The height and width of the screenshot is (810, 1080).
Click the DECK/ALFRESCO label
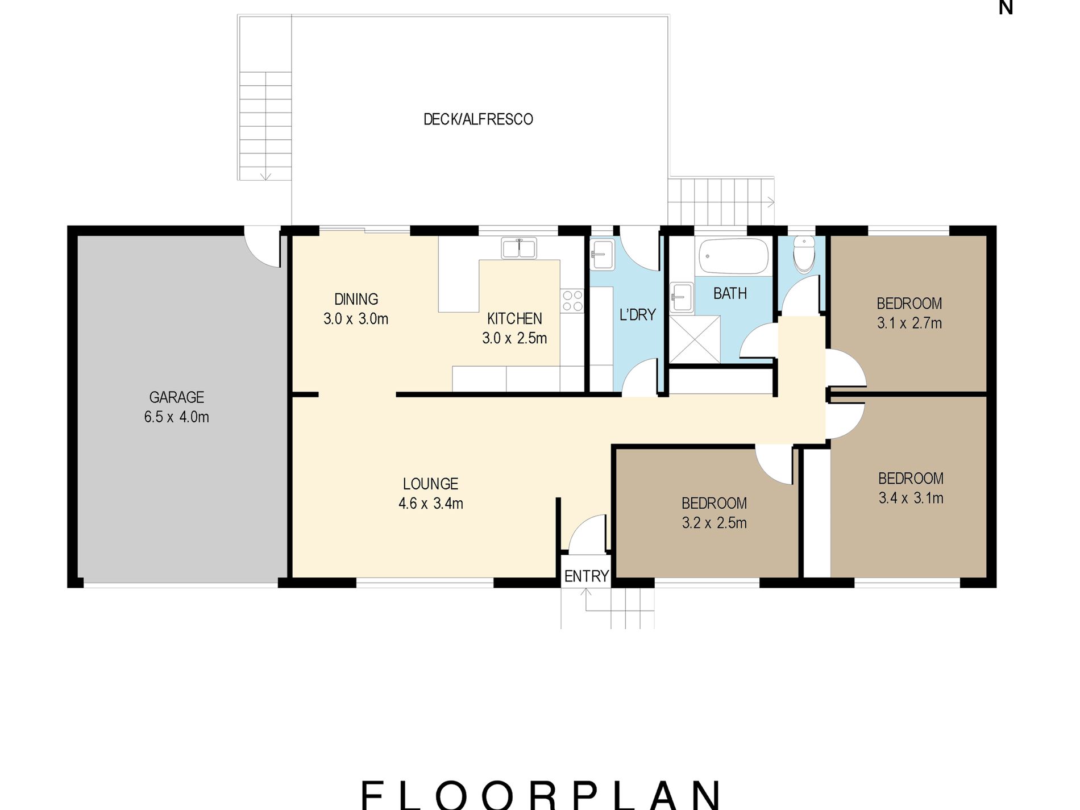pyautogui.click(x=478, y=119)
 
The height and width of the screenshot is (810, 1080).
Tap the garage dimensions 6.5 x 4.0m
pyautogui.click(x=176, y=417)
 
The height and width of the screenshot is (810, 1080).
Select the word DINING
pyautogui.click(x=356, y=299)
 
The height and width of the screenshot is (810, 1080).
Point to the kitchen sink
pyautogui.click(x=518, y=248)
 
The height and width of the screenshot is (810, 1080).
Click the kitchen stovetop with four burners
pyautogui.click(x=572, y=301)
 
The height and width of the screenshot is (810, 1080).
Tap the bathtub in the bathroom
pyautogui.click(x=733, y=256)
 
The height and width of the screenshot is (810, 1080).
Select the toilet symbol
pyautogui.click(x=804, y=255)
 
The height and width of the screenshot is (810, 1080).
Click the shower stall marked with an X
pyautogui.click(x=695, y=339)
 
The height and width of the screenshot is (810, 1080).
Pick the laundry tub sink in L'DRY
pyautogui.click(x=602, y=254)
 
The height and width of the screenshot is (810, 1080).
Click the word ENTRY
pyautogui.click(x=586, y=576)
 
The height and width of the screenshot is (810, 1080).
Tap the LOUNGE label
pyautogui.click(x=430, y=484)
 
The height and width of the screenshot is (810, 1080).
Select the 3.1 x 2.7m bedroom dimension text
pyautogui.click(x=909, y=323)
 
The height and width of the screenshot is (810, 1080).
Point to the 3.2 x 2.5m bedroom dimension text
pyautogui.click(x=714, y=523)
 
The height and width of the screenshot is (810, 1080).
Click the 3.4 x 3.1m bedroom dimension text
pyautogui.click(x=911, y=498)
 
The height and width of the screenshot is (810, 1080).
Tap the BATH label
pyautogui.click(x=730, y=293)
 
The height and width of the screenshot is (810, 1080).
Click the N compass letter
pyautogui.click(x=1006, y=7)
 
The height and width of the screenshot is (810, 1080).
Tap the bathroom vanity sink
pyautogui.click(x=681, y=297)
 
